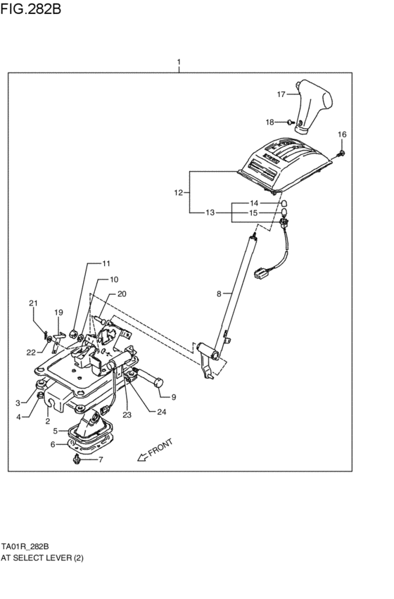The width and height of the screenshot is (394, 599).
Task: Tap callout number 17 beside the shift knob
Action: click(281, 94)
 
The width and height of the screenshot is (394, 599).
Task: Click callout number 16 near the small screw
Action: click(342, 134)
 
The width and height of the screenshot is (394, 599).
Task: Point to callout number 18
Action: click(269, 122)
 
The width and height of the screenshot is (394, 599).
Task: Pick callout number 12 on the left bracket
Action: click(179, 191)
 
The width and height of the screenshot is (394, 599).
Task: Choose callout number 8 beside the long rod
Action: click(219, 293)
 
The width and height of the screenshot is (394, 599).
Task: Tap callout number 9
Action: click(173, 396)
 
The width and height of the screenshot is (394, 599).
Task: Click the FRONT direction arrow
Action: click(142, 457)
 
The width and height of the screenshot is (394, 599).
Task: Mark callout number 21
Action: click(32, 303)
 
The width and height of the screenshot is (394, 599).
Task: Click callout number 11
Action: click(106, 264)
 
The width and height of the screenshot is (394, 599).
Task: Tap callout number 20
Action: click(122, 294)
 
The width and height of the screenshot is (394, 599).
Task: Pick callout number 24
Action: click(161, 412)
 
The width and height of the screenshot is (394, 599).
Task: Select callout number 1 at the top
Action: click(179, 62)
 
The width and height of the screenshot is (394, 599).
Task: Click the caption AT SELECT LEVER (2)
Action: click(42, 557)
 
